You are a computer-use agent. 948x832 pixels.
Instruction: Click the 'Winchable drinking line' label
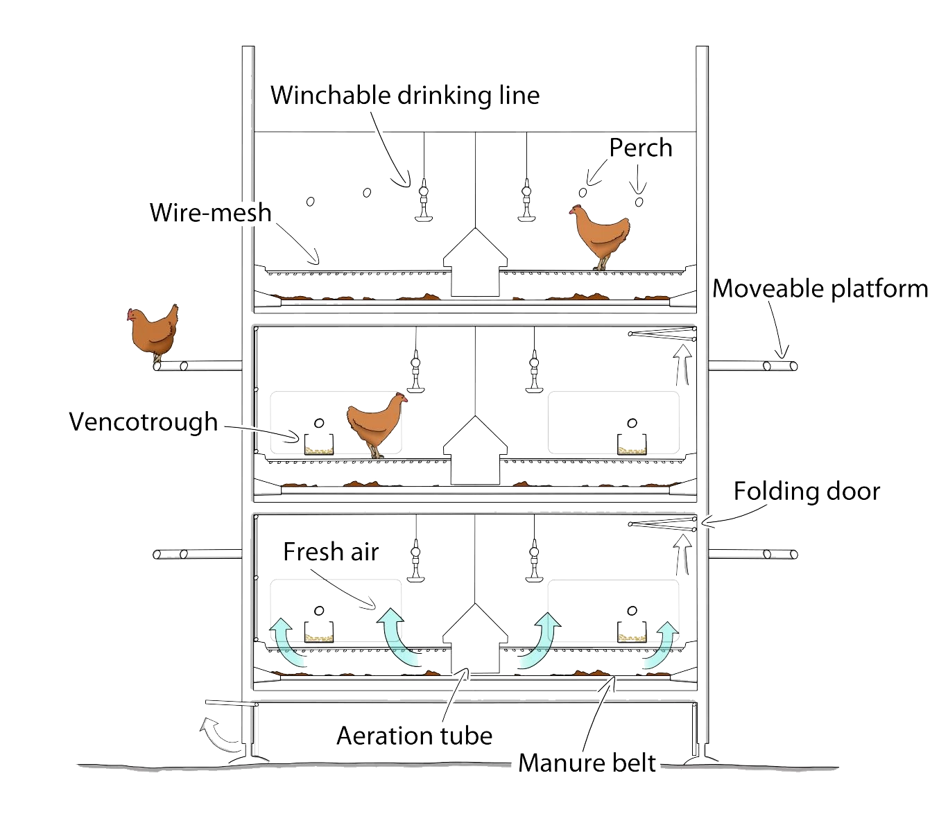[405, 96]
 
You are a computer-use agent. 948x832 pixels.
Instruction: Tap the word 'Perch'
[640, 148]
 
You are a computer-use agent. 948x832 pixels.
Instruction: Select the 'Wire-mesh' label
[211, 212]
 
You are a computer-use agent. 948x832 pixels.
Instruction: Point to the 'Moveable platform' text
[820, 288]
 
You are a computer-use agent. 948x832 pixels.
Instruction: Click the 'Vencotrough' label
[143, 422]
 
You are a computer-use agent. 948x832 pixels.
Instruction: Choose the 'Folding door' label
[807, 491]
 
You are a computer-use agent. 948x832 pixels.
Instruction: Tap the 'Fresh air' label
[331, 551]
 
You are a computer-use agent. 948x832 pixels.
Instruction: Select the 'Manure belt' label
[587, 763]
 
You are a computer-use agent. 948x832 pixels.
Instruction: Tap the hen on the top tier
[599, 236]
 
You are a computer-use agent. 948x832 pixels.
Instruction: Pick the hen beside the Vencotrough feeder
[377, 424]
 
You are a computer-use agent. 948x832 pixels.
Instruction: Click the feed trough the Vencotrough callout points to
[318, 444]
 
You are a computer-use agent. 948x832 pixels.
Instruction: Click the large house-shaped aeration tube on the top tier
[475, 262]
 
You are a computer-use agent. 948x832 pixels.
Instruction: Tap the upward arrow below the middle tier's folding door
[683, 365]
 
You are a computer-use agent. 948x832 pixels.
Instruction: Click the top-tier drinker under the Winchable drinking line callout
[424, 200]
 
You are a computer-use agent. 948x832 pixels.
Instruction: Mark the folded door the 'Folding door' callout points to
[662, 524]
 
